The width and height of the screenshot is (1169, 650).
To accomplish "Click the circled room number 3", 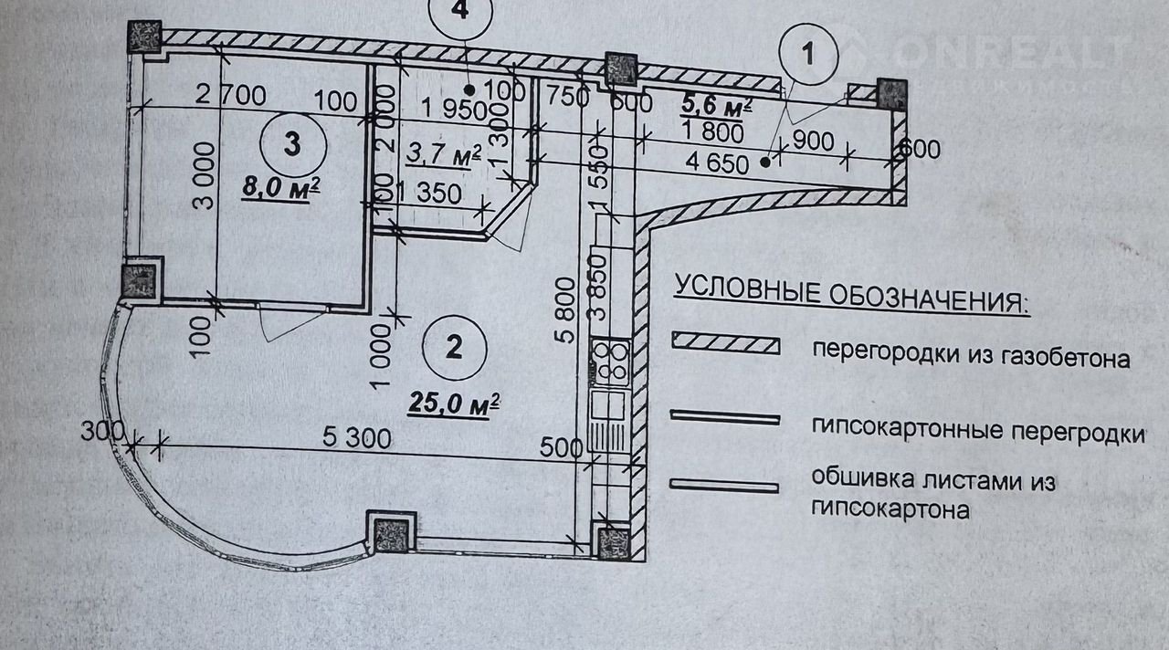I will (291, 143).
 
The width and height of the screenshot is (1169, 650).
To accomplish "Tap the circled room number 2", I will (454, 346).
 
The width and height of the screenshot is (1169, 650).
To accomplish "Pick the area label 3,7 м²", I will (443, 156).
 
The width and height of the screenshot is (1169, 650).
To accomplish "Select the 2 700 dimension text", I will (229, 95).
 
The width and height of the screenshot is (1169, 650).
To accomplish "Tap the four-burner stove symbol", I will (610, 360).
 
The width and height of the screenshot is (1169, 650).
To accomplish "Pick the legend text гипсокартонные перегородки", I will (977, 428).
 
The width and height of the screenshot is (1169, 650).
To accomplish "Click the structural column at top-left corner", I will (145, 37).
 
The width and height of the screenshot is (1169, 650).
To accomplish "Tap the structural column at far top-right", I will (890, 94).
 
